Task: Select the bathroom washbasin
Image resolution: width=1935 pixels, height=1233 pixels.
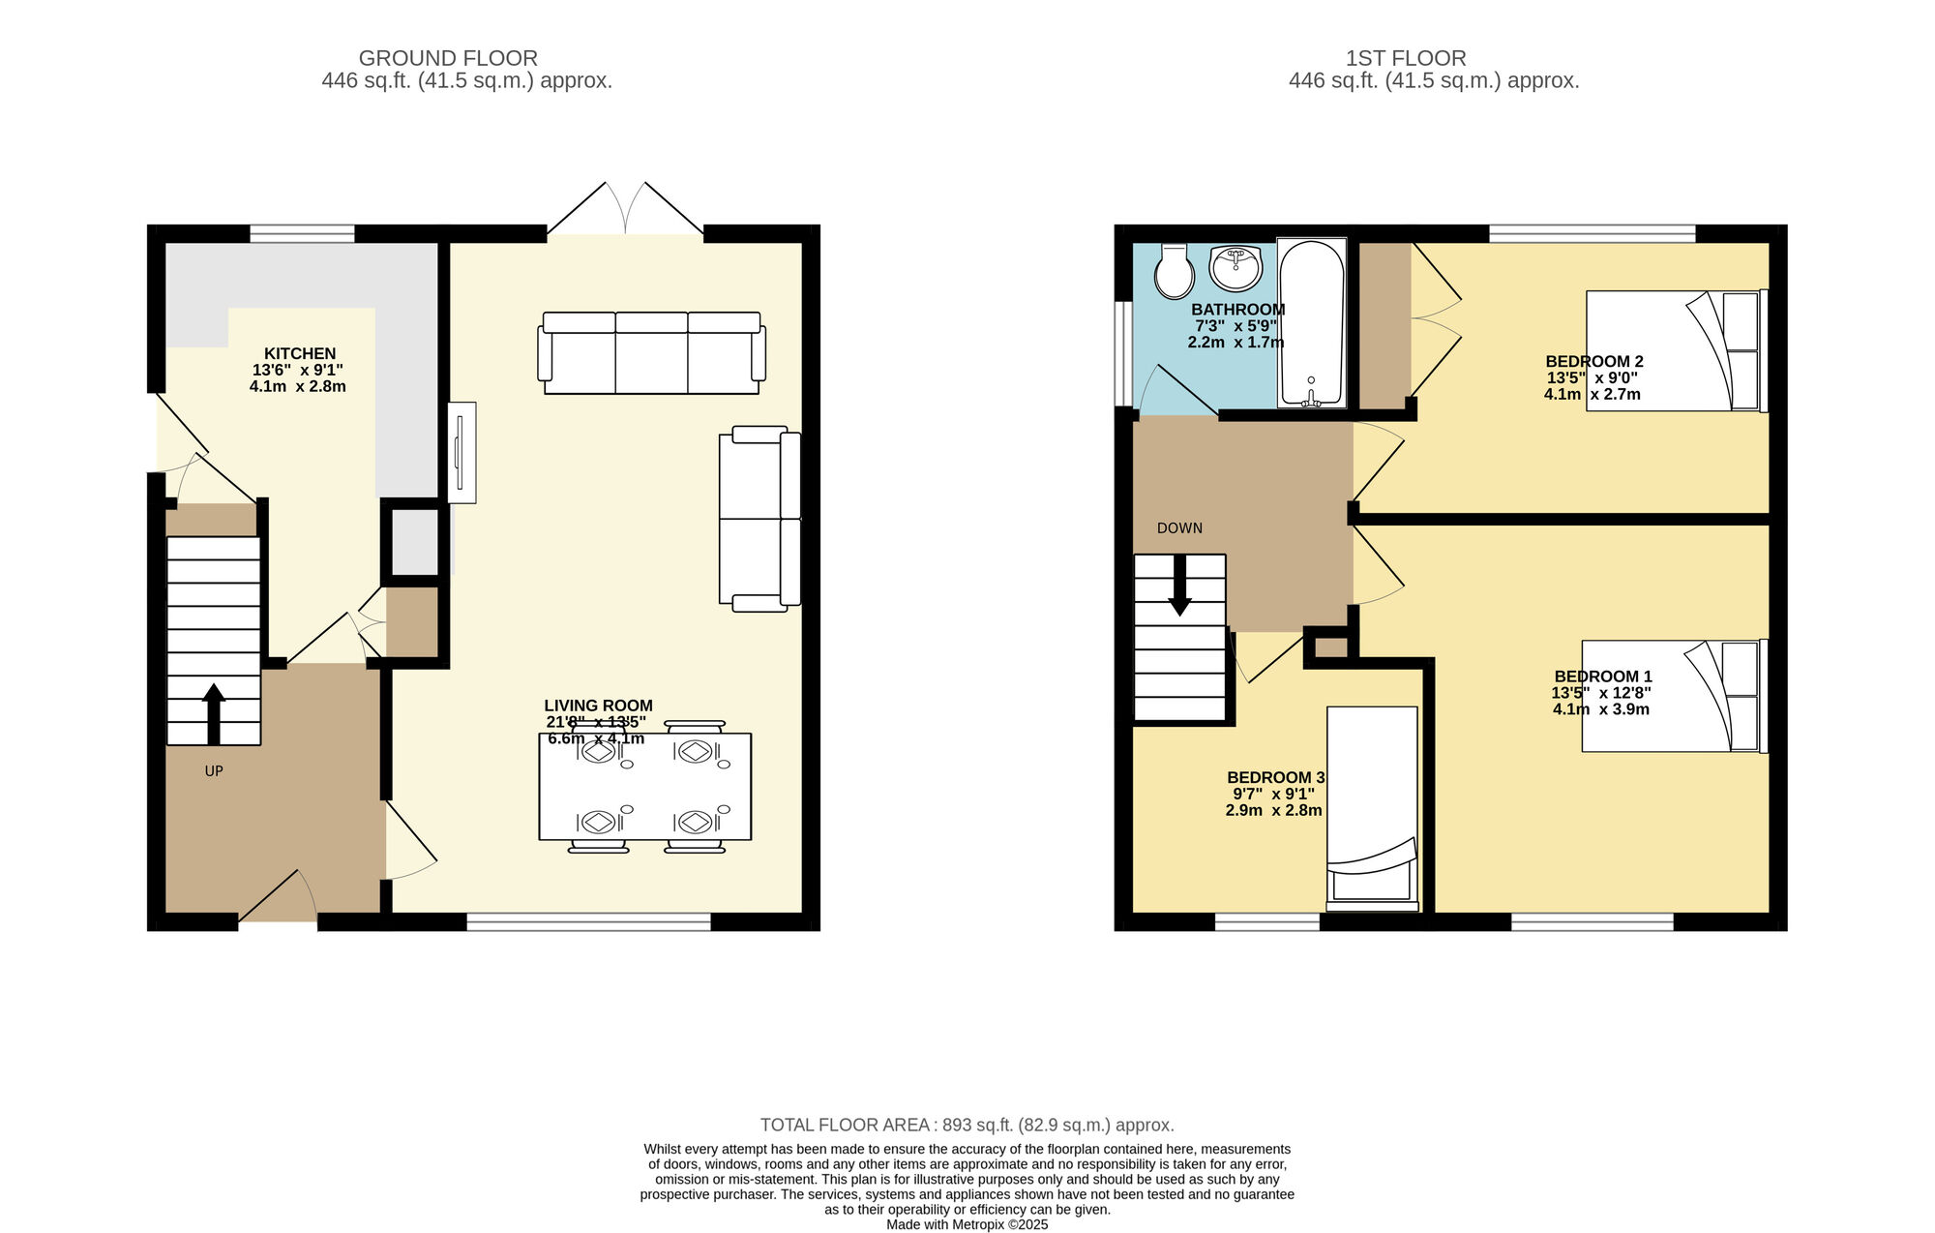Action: pyautogui.click(x=1235, y=268)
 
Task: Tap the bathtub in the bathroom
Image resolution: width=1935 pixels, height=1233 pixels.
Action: pyautogui.click(x=1311, y=322)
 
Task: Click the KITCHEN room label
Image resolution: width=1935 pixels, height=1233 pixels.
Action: pyautogui.click(x=300, y=354)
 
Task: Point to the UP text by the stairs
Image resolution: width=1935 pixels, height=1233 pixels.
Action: pyautogui.click(x=214, y=771)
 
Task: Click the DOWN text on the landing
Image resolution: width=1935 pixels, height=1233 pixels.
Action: pyautogui.click(x=1179, y=528)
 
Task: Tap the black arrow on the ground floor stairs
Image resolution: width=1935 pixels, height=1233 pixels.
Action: pyautogui.click(x=214, y=714)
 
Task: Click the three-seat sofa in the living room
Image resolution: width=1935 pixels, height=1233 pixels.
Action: pyautogui.click(x=651, y=353)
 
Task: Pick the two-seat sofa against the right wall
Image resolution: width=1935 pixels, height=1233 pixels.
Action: pyautogui.click(x=760, y=519)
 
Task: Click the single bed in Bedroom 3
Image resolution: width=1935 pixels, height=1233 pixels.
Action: pyautogui.click(x=1372, y=809)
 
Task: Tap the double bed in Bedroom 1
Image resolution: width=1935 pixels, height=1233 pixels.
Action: pyautogui.click(x=1675, y=696)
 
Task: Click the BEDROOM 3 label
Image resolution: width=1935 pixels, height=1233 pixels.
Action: pyautogui.click(x=1275, y=778)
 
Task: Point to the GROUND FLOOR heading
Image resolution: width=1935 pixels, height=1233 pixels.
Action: pyautogui.click(x=448, y=58)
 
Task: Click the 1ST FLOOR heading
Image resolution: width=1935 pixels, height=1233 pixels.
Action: pyautogui.click(x=1406, y=58)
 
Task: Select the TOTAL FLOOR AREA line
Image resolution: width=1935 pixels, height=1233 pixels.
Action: pyautogui.click(x=967, y=1126)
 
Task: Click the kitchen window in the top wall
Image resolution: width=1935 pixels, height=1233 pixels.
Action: pyautogui.click(x=302, y=233)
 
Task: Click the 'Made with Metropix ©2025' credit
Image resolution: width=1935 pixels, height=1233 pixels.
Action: pyautogui.click(x=967, y=1224)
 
